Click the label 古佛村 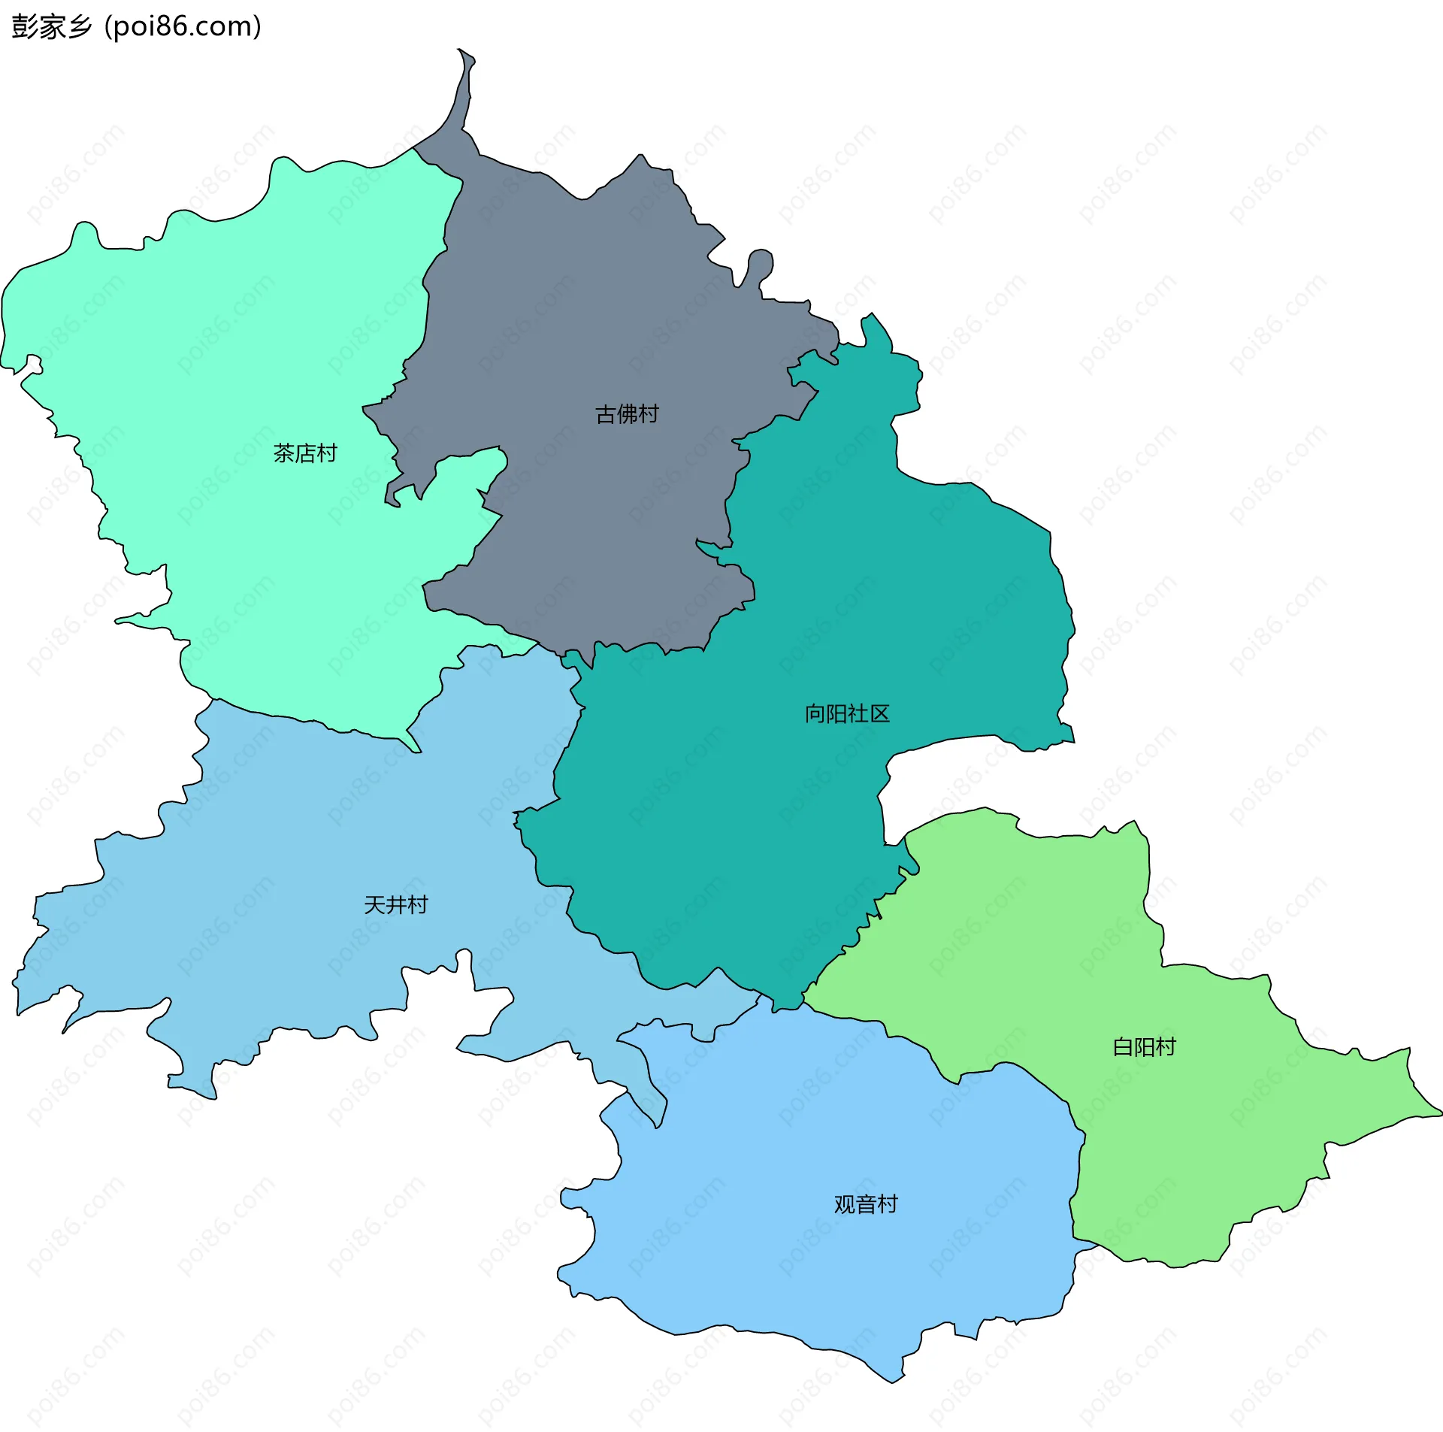tap(627, 413)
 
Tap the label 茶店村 tap(305, 453)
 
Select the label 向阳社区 tap(847, 713)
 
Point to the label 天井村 tap(396, 904)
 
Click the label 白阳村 tap(1144, 1046)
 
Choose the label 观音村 tap(866, 1203)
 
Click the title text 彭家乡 tap(51, 26)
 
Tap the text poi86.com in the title tap(183, 26)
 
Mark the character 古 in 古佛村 tap(606, 413)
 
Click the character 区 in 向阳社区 tap(879, 713)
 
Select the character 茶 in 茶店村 tap(284, 453)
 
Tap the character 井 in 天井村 tap(396, 904)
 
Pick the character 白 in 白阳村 tap(1123, 1046)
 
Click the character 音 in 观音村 tap(866, 1203)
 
